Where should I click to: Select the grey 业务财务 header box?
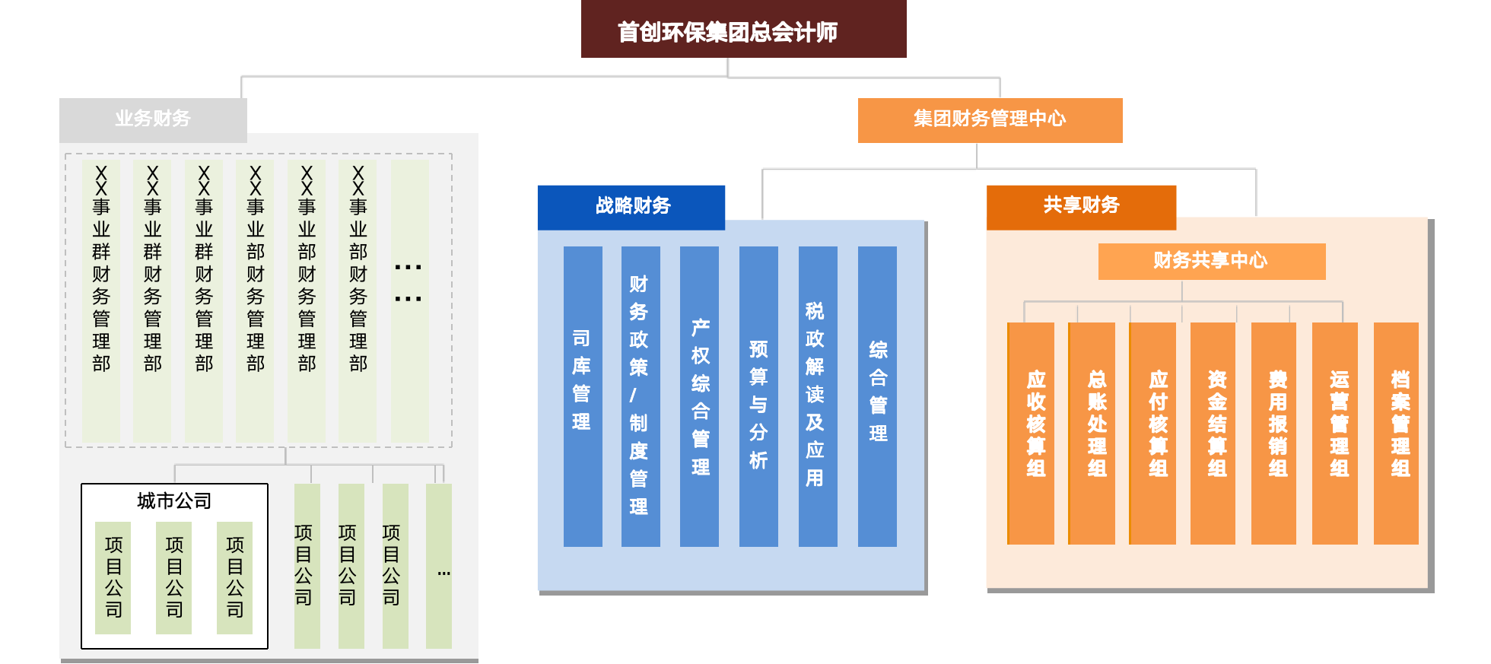(x=153, y=119)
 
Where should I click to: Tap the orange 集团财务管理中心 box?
(x=990, y=119)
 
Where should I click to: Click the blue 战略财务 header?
(x=631, y=206)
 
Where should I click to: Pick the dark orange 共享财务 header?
(x=1081, y=205)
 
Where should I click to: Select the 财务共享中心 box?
(x=1211, y=261)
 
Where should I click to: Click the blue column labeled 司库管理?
(x=583, y=396)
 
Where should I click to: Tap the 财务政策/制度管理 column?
(x=641, y=396)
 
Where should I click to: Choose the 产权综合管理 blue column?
(x=699, y=396)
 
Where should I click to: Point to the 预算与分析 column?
(x=758, y=396)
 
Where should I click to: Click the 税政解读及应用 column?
(x=818, y=396)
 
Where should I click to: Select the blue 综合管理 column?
(x=877, y=396)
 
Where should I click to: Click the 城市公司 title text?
(x=174, y=500)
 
